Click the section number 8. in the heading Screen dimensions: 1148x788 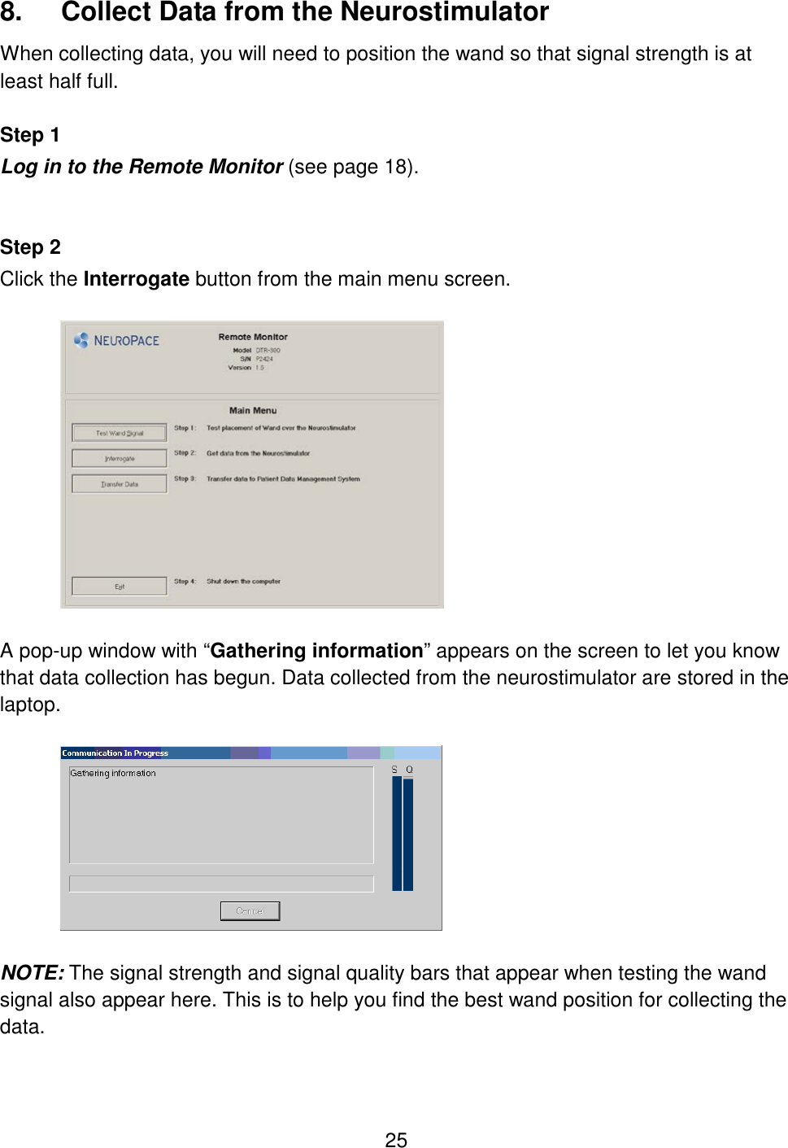(11, 12)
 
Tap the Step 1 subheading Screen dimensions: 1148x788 (30, 135)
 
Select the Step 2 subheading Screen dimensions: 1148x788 (30, 247)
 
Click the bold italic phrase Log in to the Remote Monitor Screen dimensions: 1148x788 (142, 167)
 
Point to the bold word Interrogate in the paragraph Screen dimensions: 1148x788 (136, 279)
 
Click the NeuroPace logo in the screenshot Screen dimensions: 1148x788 (117, 340)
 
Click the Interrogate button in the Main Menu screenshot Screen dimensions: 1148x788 (120, 458)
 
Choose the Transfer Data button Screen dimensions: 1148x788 (120, 484)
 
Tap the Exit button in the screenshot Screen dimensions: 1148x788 (120, 587)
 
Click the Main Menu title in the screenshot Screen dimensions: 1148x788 (253, 411)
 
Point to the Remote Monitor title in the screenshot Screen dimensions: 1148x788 (253, 337)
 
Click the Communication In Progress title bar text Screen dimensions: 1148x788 (115, 753)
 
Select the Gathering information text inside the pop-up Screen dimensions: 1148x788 (113, 773)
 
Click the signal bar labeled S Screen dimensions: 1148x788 (397, 833)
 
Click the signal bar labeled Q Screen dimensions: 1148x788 (408, 833)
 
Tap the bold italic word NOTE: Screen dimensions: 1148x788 (33, 973)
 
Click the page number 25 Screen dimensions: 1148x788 (396, 1140)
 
